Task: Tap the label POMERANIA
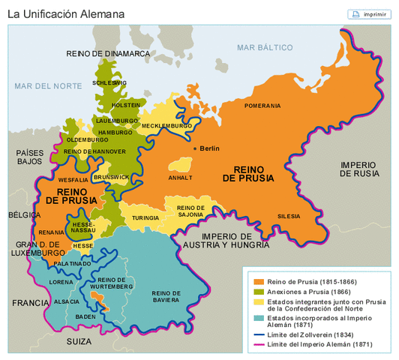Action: pos(262,106)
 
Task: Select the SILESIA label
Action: pos(289,215)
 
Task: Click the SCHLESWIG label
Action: pos(109,82)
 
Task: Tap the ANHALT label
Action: pos(180,178)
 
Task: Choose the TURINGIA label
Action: pos(145,217)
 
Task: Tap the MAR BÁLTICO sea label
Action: pos(264,47)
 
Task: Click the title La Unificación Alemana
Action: pos(66,13)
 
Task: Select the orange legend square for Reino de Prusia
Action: pos(258,280)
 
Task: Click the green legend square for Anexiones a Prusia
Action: pos(258,291)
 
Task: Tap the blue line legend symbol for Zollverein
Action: pos(258,334)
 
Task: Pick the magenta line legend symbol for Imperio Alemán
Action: pos(258,345)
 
